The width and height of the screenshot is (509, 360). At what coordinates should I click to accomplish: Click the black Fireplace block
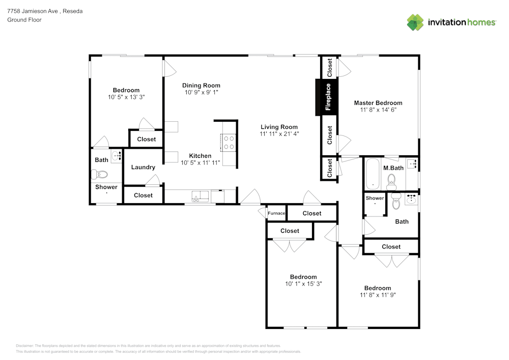click(x=327, y=97)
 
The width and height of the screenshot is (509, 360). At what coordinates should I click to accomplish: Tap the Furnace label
click(x=276, y=213)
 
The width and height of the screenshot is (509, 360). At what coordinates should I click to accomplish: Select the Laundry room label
click(x=143, y=167)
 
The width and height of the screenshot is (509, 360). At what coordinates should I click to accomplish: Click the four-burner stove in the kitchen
click(x=229, y=143)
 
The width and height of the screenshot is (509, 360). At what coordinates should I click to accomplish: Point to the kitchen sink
click(x=200, y=197)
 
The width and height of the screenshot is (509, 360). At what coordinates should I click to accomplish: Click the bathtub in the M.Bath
click(x=373, y=174)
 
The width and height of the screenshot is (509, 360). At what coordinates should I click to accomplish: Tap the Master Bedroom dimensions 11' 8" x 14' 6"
click(x=378, y=109)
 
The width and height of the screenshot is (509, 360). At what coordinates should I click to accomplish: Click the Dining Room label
click(x=201, y=86)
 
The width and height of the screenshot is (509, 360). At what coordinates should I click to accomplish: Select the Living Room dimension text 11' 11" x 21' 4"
click(x=279, y=134)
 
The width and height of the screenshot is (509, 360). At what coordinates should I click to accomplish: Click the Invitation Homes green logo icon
click(x=415, y=22)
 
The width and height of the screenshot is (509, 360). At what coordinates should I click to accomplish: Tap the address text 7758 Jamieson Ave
click(x=33, y=11)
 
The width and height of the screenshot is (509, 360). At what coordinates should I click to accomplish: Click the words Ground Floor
click(x=24, y=20)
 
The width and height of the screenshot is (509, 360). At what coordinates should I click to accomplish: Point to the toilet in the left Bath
click(x=99, y=174)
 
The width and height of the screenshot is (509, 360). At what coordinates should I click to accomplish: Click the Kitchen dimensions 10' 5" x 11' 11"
click(x=200, y=162)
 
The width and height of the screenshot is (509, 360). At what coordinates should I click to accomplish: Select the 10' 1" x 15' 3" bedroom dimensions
click(x=303, y=284)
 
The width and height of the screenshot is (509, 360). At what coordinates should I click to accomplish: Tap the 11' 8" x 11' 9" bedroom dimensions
click(x=378, y=295)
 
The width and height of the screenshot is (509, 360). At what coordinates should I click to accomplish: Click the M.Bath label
click(x=393, y=168)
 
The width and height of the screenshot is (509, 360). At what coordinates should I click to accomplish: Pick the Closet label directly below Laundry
click(x=143, y=196)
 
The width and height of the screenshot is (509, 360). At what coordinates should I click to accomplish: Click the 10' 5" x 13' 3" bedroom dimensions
click(x=126, y=97)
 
